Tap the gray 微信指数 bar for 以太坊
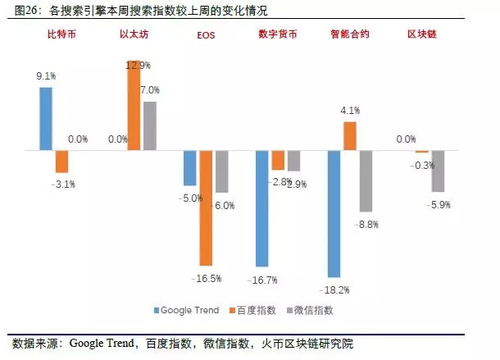(149, 126)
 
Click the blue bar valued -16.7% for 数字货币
(262, 208)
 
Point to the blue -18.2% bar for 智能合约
(334, 214)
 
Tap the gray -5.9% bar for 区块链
(438, 171)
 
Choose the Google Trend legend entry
(186, 310)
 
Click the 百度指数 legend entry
(256, 310)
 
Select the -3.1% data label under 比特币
(63, 185)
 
